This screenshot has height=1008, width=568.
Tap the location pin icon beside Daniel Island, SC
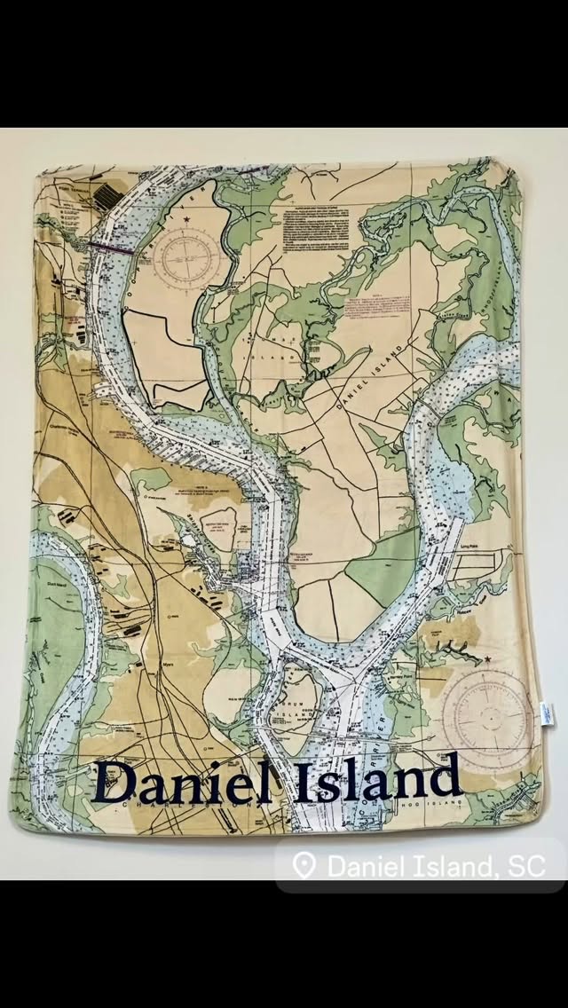click(x=304, y=865)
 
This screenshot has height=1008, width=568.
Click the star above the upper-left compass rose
click(x=187, y=217)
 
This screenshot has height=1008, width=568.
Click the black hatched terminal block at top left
click(x=106, y=193)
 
